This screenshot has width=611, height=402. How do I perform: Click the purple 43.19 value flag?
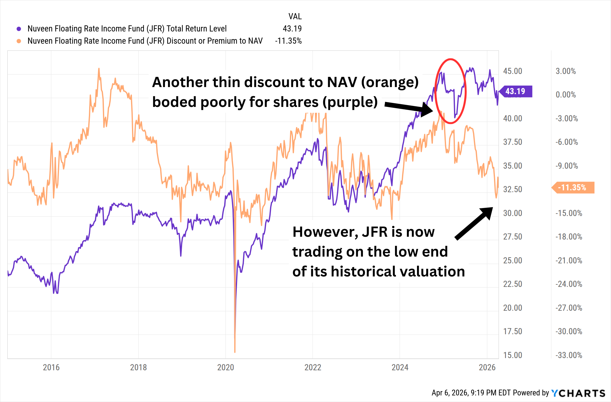[x=516, y=91]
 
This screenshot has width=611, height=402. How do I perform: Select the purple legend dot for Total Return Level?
[x=19, y=29]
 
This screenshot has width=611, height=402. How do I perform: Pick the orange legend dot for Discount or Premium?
[x=19, y=41]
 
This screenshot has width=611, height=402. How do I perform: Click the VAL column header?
[x=295, y=16]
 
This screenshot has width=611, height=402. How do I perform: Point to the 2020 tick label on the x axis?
[x=225, y=367]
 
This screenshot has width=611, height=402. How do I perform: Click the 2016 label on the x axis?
[x=51, y=367]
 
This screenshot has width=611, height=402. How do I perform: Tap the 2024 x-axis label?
[x=400, y=367]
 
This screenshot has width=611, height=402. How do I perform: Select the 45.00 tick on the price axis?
[x=512, y=71]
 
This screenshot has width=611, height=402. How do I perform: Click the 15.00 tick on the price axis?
[x=512, y=355]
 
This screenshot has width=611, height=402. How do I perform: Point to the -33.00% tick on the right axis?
[x=569, y=355]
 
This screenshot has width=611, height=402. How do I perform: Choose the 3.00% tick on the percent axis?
[x=565, y=71]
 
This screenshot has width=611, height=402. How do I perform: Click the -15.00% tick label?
[x=569, y=213]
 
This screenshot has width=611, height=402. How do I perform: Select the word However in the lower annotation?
[x=325, y=232]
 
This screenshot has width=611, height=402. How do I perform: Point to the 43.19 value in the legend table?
[x=292, y=29]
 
